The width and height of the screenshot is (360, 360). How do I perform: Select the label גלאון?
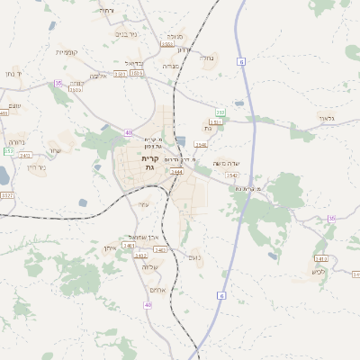pos(326,118)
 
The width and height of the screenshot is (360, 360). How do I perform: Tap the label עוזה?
pos(143,204)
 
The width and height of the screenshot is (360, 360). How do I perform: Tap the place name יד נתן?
pos(13,73)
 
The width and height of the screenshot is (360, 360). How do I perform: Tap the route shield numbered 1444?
pos(176,172)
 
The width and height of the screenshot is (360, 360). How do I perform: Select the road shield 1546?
pos(201,144)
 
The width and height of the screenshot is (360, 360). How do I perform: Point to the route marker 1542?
pos(232,175)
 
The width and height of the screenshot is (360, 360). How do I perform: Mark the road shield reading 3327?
pos(7,195)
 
